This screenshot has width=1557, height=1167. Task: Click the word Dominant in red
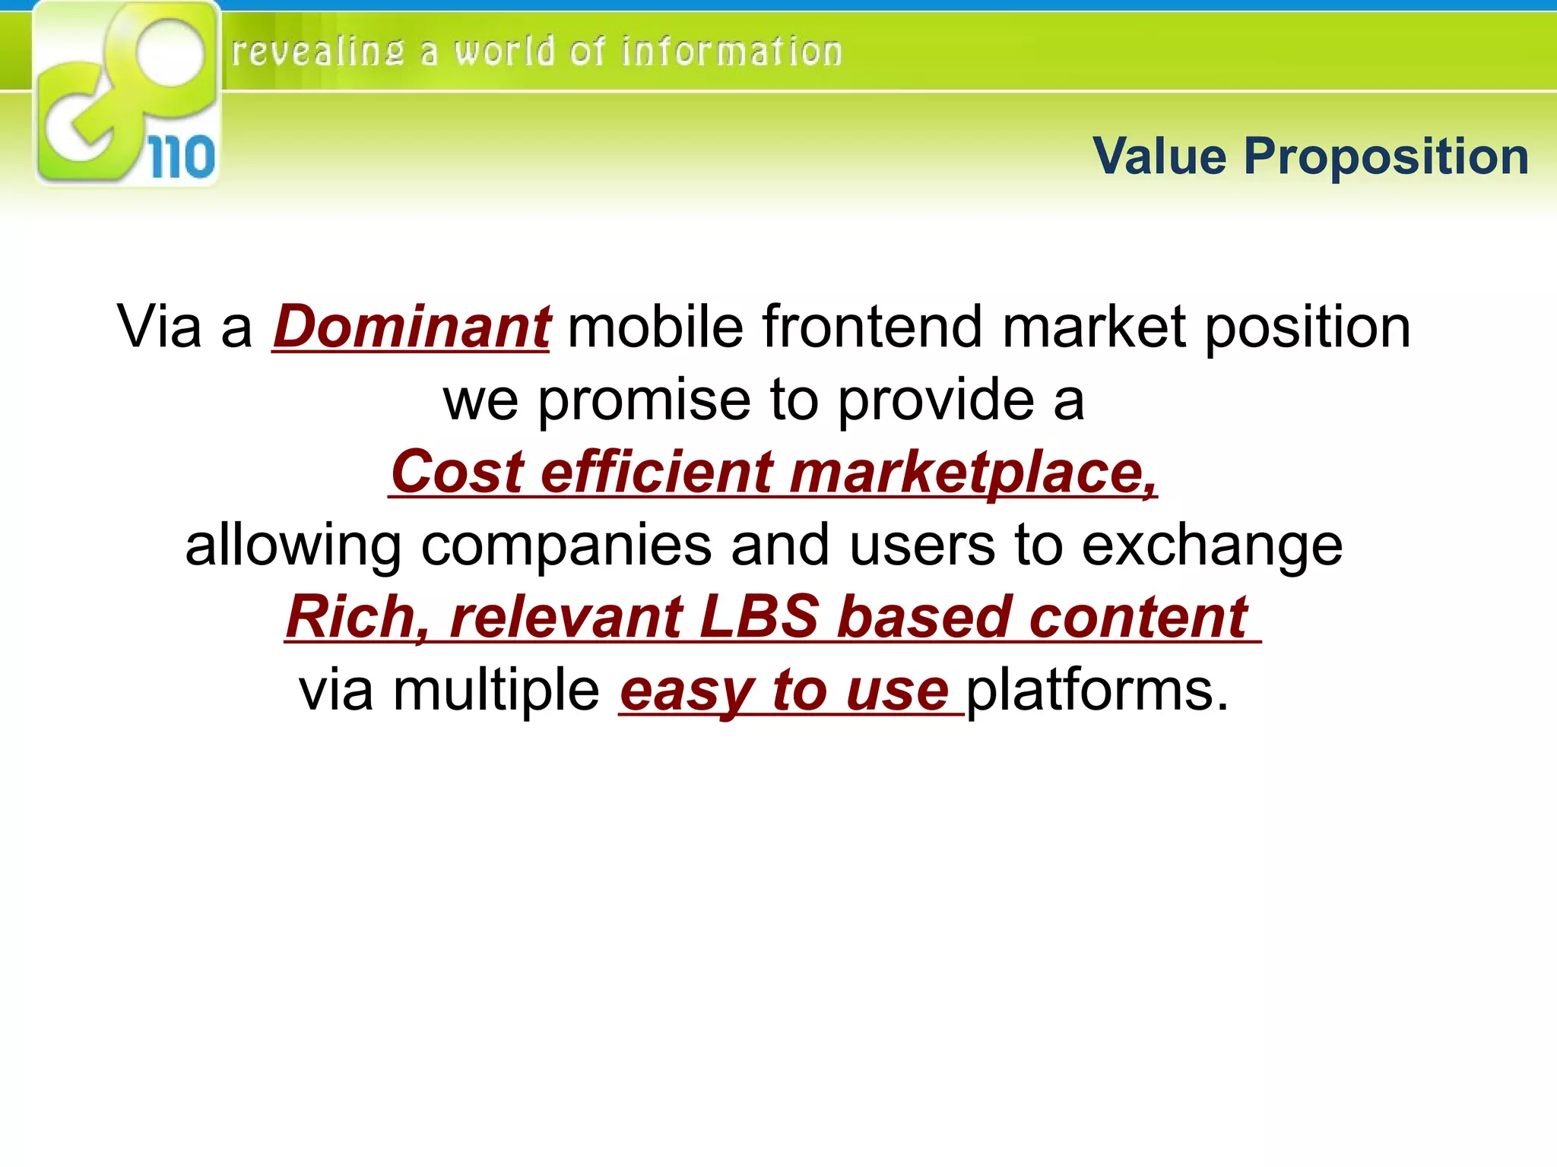(x=411, y=327)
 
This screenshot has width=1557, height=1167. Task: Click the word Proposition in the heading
(x=1386, y=157)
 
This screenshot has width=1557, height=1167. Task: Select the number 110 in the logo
(x=181, y=157)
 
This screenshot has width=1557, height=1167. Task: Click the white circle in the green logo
(x=171, y=52)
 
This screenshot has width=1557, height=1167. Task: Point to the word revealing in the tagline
(x=317, y=52)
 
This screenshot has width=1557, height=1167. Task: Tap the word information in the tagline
(x=731, y=52)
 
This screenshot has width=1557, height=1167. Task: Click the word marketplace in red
(x=973, y=472)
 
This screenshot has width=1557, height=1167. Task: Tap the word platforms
(x=1097, y=690)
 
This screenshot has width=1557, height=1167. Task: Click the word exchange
(x=1212, y=545)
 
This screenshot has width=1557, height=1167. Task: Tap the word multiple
(x=496, y=690)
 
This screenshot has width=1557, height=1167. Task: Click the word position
(x=1308, y=327)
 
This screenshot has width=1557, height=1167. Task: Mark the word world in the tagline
(x=505, y=52)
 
